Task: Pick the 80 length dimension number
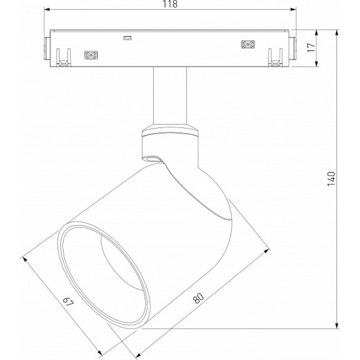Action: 199,298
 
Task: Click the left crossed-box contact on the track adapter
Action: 89,53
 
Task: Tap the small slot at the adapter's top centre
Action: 127,37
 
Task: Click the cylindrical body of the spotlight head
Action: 159,228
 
